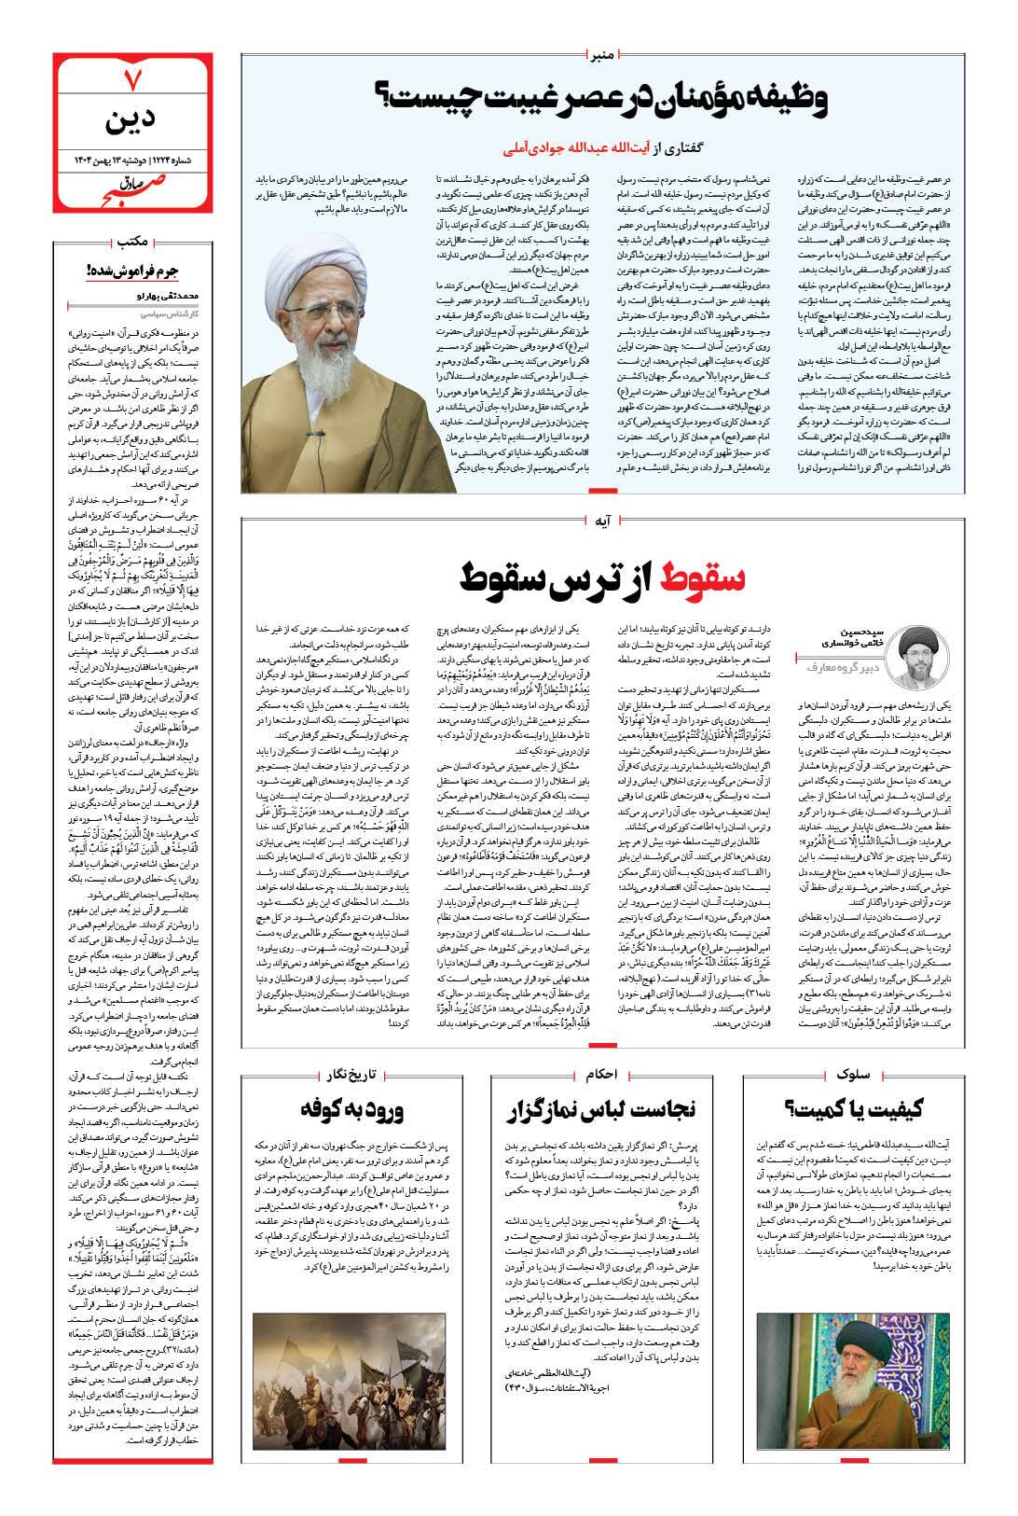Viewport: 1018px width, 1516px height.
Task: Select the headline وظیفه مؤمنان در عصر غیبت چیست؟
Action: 602,100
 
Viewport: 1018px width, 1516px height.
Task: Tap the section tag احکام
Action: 603,1075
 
